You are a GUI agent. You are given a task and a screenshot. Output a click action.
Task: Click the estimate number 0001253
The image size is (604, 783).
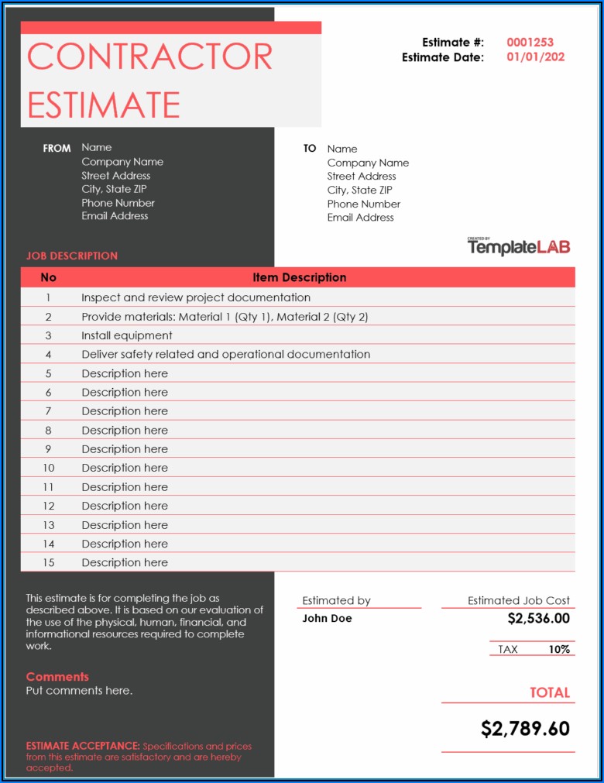point(530,43)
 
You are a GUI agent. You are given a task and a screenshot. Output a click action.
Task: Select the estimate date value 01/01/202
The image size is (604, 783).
point(535,57)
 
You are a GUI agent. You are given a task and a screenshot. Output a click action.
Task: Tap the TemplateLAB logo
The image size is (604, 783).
point(519,247)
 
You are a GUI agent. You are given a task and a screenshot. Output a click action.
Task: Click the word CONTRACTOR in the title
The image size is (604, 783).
point(149,57)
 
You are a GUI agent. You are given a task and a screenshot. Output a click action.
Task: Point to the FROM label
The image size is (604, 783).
point(57,148)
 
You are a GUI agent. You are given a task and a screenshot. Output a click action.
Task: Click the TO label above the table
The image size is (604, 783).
point(310,148)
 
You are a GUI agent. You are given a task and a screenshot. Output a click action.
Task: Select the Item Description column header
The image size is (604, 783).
point(299,277)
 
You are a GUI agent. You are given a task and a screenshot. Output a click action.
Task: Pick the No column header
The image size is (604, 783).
point(48,277)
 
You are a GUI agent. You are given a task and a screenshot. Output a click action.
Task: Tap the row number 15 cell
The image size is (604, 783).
point(48,562)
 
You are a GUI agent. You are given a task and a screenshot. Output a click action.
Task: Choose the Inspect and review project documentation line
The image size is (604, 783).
point(196,297)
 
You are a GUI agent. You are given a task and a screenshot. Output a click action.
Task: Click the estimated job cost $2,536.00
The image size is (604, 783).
point(538,618)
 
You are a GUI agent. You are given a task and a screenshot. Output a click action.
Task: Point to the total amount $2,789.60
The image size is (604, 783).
point(525,728)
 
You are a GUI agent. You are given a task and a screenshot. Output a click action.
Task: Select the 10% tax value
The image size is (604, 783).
point(559,649)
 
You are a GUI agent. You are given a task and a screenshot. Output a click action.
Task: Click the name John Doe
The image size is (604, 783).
point(327,618)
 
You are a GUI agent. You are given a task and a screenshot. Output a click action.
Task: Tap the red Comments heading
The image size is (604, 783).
point(57,676)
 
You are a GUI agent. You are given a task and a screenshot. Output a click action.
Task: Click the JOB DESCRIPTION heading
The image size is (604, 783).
point(72,256)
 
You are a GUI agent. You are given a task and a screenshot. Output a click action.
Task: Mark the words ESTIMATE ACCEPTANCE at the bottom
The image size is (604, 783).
point(83,746)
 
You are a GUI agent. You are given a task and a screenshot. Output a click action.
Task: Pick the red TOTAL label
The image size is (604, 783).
point(549,692)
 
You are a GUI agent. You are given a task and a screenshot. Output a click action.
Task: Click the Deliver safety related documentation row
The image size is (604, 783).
point(225,354)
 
